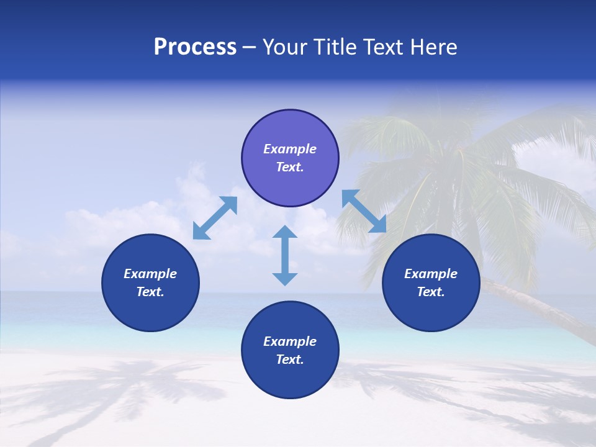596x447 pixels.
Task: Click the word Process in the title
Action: click(195, 47)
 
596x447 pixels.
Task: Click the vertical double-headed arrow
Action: click(285, 256)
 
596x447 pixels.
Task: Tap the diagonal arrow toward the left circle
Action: click(215, 218)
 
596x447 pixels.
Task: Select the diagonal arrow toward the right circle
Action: click(364, 211)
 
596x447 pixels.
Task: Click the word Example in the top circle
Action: click(290, 149)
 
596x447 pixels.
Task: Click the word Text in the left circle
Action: click(150, 292)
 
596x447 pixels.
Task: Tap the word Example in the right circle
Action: click(431, 274)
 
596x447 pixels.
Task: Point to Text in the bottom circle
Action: click(290, 359)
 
